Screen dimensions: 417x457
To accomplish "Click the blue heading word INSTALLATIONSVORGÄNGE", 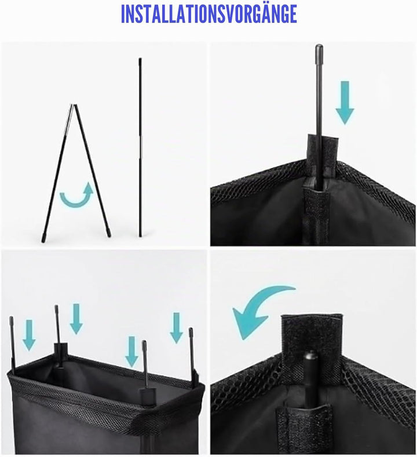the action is point(209,13).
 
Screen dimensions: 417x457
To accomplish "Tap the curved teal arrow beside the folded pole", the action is point(75,201).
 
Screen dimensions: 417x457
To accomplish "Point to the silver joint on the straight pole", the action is point(140,144).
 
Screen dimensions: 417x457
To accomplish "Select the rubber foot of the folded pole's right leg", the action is point(108,233).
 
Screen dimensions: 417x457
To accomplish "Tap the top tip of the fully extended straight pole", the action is point(140,59).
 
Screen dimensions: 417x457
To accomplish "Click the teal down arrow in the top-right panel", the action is point(345,102).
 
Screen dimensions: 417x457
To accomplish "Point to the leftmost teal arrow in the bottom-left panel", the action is point(29,335).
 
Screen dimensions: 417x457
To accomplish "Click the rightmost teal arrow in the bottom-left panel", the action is point(177,328).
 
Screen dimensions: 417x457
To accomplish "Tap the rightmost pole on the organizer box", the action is point(192,354).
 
